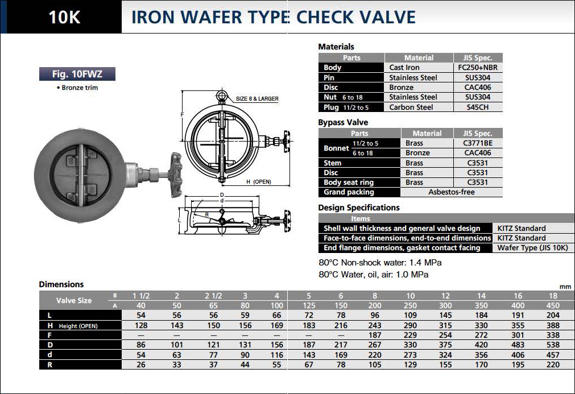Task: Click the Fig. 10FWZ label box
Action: pos(77,74)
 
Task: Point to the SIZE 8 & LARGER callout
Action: pos(257,98)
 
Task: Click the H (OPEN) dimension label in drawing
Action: pos(259,182)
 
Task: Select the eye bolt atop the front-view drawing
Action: pos(221,96)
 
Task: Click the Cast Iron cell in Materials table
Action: pos(404,68)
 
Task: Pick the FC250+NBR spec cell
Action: pos(478,68)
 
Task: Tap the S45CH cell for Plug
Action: pos(478,107)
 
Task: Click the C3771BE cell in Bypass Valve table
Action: pos(478,143)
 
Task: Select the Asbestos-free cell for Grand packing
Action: pos(452,192)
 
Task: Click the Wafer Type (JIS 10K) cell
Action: pos(532,248)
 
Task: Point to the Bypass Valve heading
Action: pos(343,122)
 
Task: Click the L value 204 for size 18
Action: pos(553,315)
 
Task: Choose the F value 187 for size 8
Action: pos(374,335)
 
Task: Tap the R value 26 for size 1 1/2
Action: pos(141,364)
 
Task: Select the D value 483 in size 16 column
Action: pos(518,345)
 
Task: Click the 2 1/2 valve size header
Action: pos(213,296)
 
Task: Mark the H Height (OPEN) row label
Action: pos(73,325)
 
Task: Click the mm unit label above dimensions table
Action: pos(565,287)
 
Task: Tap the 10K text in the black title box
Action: pos(64,17)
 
